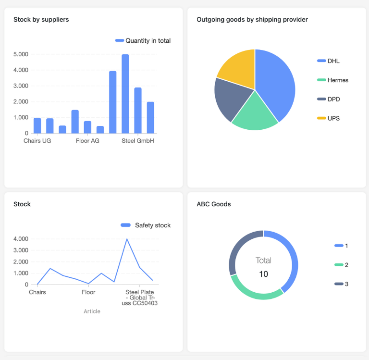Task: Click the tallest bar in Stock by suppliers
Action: (125, 94)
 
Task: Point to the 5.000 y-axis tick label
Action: (21, 54)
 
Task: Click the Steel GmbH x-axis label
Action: (137, 141)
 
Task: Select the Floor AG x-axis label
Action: (87, 141)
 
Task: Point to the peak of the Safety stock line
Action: (127, 239)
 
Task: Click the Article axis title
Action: (92, 311)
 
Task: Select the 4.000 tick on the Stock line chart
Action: (21, 239)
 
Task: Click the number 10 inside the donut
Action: (263, 274)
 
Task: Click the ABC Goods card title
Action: (213, 204)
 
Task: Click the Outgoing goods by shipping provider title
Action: (252, 20)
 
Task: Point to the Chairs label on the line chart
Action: (37, 292)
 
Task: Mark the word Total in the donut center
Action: (263, 261)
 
